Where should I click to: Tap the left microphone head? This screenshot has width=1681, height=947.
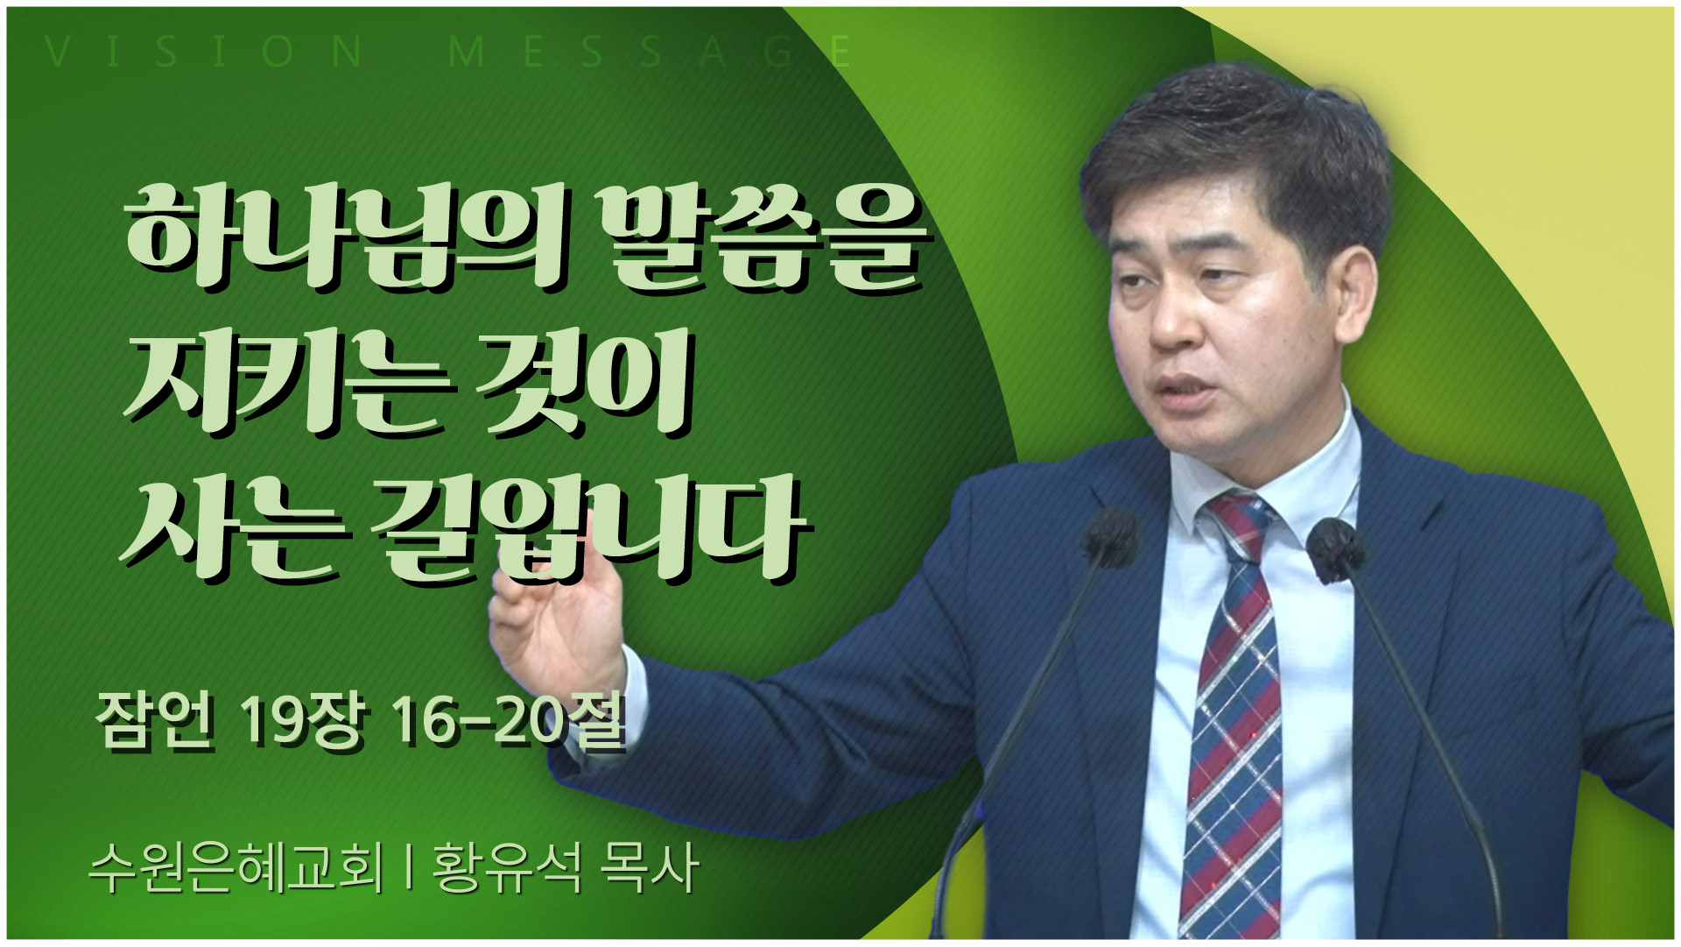(1110, 536)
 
